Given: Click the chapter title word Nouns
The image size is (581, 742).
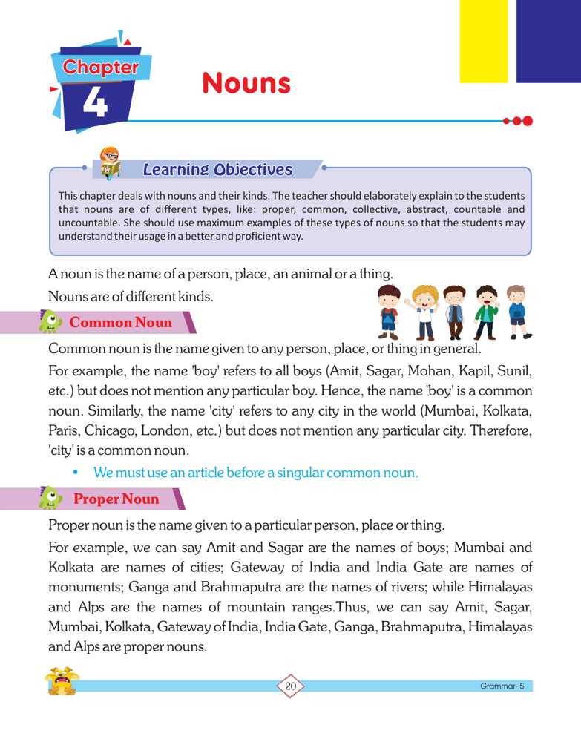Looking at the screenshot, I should (x=246, y=83).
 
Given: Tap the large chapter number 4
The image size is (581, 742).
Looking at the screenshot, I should (x=94, y=103).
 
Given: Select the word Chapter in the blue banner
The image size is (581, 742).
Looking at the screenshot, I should (x=100, y=67).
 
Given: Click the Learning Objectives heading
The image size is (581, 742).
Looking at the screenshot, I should (x=217, y=170).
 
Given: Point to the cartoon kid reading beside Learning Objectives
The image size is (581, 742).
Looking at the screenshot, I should (x=112, y=163).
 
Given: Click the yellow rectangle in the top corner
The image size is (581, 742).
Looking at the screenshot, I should (x=483, y=40).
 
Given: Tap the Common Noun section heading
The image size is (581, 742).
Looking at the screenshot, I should (x=120, y=323).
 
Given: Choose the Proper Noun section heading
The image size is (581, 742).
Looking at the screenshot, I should (x=116, y=499).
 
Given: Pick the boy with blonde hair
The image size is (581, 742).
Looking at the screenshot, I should (x=423, y=311).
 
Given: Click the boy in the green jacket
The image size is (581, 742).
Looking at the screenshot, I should (x=485, y=312).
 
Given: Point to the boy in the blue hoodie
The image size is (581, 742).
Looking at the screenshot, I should (x=516, y=312).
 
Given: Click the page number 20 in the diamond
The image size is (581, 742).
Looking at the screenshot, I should (x=290, y=686).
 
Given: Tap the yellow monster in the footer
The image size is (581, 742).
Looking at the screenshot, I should (x=62, y=681).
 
